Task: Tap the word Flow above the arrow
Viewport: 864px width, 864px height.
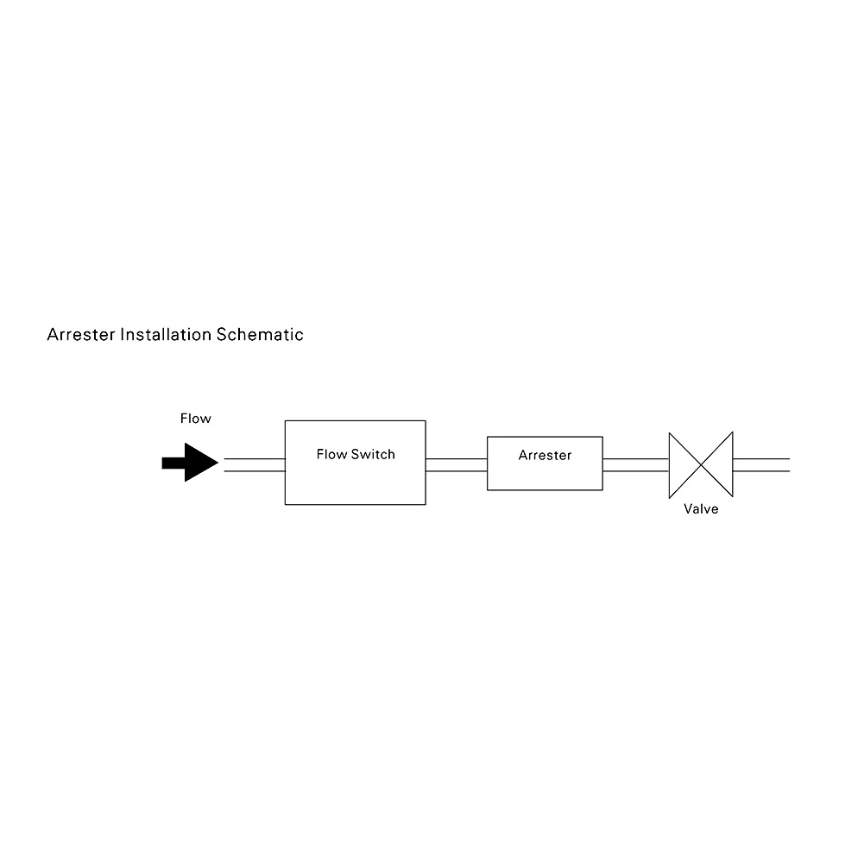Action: [195, 419]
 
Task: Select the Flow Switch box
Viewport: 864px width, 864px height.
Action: [355, 479]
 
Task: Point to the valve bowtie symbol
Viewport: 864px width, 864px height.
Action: [700, 464]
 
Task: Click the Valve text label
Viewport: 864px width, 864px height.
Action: [701, 509]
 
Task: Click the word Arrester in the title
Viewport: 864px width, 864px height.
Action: [80, 335]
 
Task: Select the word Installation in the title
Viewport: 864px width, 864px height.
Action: [166, 335]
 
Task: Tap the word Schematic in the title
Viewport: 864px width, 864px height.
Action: [260, 335]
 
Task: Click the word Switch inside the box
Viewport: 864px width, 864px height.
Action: [373, 454]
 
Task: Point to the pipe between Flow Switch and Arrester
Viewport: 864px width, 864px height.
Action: [456, 464]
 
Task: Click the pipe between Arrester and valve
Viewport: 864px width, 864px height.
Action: [635, 464]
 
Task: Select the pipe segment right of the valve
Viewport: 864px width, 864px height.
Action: [760, 464]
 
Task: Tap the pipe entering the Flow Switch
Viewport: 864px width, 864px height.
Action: [255, 464]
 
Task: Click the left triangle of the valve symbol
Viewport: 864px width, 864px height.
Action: [683, 464]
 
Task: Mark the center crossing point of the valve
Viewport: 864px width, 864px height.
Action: [701, 464]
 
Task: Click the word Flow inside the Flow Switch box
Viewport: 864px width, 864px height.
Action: [331, 454]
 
